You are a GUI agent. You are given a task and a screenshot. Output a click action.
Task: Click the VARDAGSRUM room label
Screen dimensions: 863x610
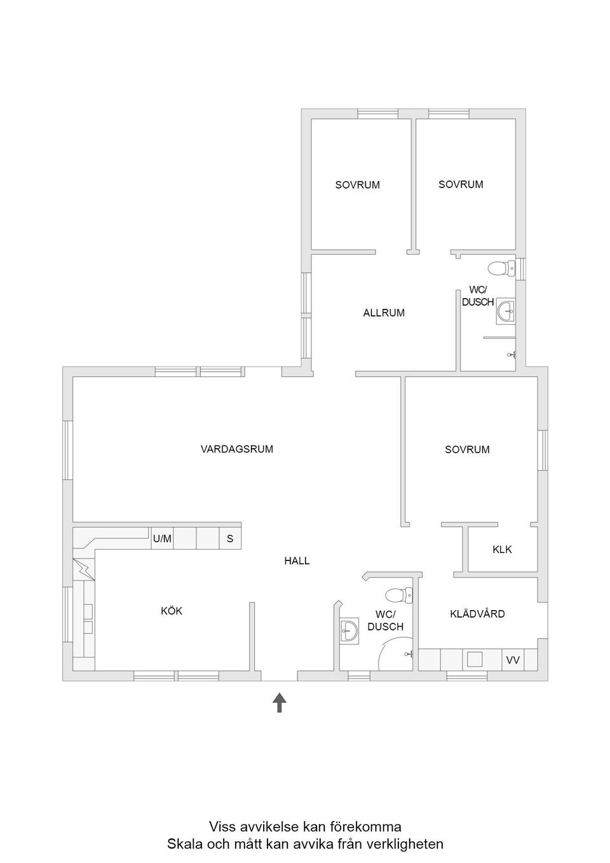point(236,449)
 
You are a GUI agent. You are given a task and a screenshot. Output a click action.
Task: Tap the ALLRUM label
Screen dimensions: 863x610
point(384,313)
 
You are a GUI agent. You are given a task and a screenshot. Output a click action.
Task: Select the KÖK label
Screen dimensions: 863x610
point(172,611)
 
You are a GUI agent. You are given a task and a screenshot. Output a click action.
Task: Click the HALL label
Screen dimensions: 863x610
point(297,561)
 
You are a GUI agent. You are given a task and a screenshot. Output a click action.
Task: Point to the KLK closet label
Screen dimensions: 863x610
point(502,549)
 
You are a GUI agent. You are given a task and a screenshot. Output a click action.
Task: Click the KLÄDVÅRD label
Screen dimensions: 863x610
point(477,614)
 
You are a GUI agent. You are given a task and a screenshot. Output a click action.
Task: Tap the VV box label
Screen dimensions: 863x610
point(513,660)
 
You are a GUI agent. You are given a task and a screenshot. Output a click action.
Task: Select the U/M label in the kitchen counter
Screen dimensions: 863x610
point(162,539)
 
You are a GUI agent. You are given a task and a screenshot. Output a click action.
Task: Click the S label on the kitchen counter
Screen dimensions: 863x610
point(230,539)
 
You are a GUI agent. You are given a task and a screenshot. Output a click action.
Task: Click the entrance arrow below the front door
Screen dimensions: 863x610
point(280,702)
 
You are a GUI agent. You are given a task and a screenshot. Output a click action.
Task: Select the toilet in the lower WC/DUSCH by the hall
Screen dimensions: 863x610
point(399,595)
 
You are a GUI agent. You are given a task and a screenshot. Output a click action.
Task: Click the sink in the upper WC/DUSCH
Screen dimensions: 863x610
point(505,311)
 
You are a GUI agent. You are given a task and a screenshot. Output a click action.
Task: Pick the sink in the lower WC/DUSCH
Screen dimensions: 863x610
point(349,632)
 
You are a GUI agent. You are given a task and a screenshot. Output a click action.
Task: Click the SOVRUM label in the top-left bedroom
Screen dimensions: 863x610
point(357,185)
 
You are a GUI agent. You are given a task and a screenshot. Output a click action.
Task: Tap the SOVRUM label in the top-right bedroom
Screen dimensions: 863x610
point(461,184)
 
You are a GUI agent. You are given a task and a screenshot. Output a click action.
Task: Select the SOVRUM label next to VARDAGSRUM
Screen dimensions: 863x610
point(467,450)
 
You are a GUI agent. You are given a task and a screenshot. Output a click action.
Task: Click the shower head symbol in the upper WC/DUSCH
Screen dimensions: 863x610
point(512,355)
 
